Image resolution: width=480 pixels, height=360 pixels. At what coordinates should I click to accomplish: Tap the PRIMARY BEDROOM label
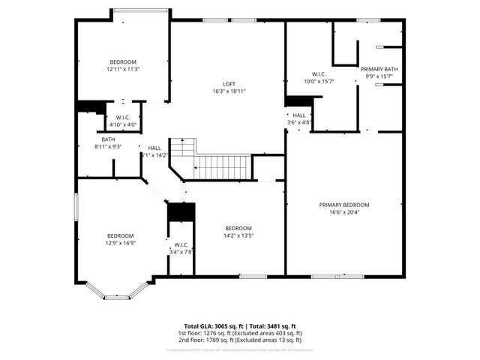[x=344, y=205]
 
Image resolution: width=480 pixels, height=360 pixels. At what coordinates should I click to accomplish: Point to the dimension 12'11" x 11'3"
[x=124, y=69]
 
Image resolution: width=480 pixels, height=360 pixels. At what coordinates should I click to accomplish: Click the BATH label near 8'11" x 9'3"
[x=109, y=139]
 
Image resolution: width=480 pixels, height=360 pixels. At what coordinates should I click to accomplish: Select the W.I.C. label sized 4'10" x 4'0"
[x=123, y=118]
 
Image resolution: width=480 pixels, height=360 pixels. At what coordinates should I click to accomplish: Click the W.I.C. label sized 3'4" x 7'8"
[x=181, y=244]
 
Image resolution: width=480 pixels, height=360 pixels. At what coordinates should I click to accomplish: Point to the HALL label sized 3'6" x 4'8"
[x=299, y=115]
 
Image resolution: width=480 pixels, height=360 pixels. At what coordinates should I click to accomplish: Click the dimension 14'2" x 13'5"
[x=238, y=235]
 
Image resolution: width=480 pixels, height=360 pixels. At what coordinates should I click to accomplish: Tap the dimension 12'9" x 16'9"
[x=120, y=243]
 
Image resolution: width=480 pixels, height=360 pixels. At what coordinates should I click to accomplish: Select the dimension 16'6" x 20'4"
[x=344, y=212]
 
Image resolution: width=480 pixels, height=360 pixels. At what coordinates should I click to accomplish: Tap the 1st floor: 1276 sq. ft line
[x=239, y=333]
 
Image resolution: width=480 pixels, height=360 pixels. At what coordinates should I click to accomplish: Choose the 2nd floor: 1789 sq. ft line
[x=239, y=340]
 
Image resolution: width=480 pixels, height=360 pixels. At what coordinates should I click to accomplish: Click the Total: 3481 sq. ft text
[x=269, y=326]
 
